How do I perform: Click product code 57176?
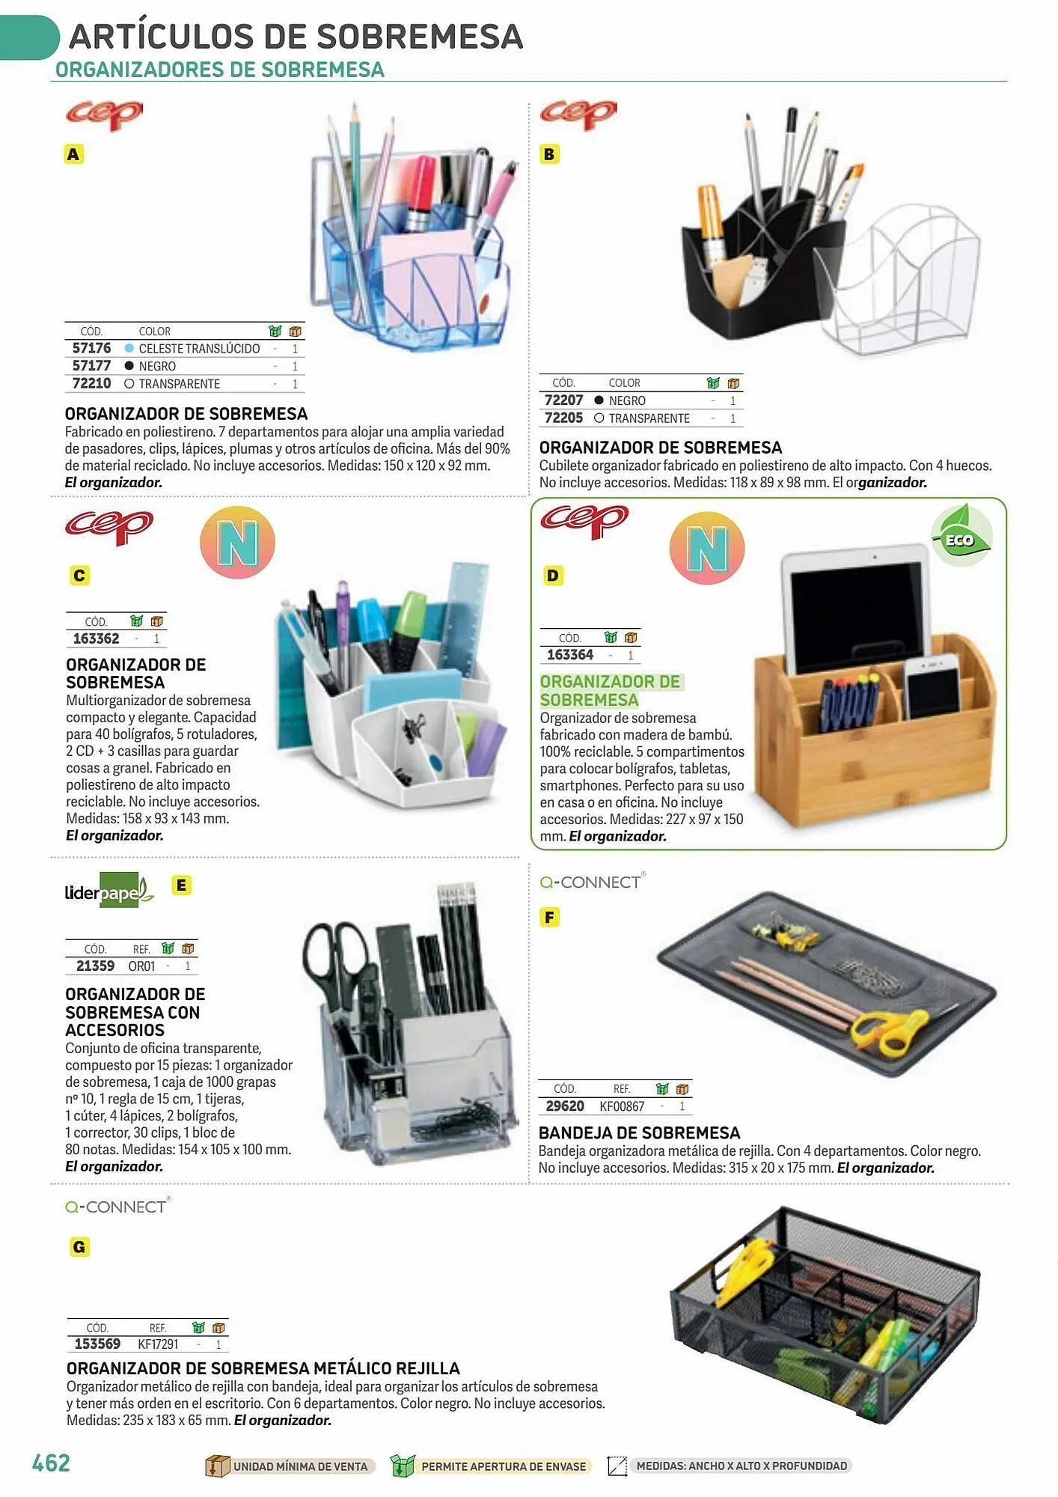click(x=91, y=348)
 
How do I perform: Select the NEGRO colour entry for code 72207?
click(x=627, y=400)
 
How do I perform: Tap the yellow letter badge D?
click(x=553, y=576)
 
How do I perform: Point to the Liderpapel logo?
click(x=109, y=891)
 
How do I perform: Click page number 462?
click(x=51, y=1463)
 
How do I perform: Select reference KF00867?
click(x=622, y=1106)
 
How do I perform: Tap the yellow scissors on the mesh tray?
click(x=893, y=1031)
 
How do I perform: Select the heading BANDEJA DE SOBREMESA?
click(x=640, y=1132)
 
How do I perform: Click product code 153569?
click(x=97, y=1344)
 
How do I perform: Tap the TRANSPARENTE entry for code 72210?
click(x=179, y=384)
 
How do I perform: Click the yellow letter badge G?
click(x=79, y=1247)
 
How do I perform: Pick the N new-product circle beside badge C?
click(x=238, y=542)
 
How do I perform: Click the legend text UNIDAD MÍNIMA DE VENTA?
click(x=300, y=1466)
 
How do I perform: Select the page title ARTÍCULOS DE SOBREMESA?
click(x=296, y=36)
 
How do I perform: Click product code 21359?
click(x=95, y=966)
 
